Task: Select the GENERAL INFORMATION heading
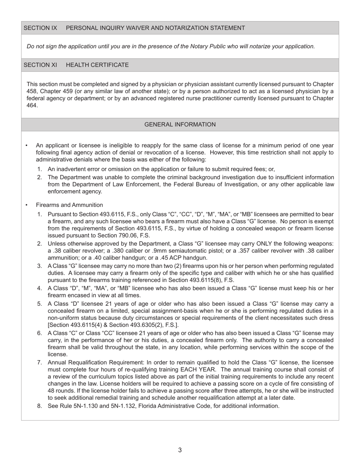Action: pos(180,125)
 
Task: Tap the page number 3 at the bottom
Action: pos(180,450)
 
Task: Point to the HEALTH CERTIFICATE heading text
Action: pos(97,65)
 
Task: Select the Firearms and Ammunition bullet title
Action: pos(69,205)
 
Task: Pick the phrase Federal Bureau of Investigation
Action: pos(215,185)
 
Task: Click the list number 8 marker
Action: pos(39,406)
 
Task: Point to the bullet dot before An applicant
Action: pos(27,145)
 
